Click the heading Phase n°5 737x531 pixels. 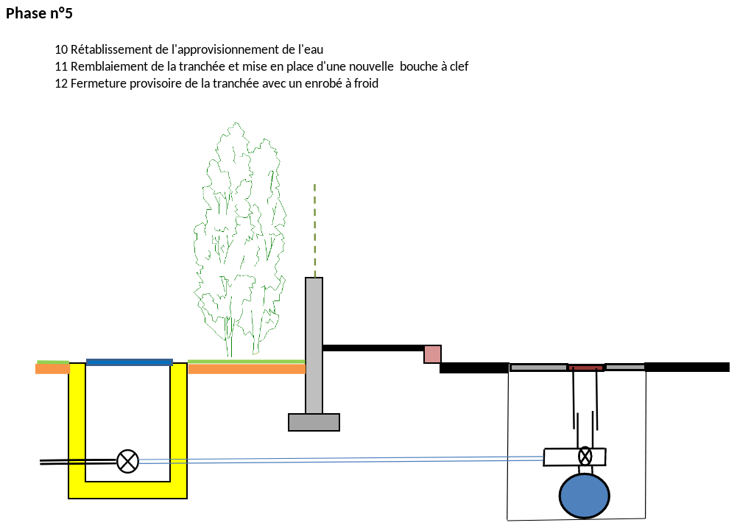(x=39, y=13)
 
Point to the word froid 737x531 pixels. (x=366, y=83)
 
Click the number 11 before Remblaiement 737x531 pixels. (x=61, y=66)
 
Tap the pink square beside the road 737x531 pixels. (x=432, y=354)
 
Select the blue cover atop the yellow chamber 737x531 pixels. (x=130, y=362)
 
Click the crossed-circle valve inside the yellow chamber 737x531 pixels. (x=127, y=461)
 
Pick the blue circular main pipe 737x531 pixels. (x=585, y=496)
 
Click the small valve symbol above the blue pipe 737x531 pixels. (x=585, y=456)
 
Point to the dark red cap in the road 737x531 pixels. (x=585, y=368)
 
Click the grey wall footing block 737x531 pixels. (x=314, y=422)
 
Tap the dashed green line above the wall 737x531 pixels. (x=315, y=231)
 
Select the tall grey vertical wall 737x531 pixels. (x=314, y=345)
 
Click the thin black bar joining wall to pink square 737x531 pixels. (x=374, y=348)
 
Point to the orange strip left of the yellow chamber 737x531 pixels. (x=53, y=369)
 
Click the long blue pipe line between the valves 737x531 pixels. (x=341, y=460)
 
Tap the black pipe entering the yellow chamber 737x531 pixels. (x=78, y=462)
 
